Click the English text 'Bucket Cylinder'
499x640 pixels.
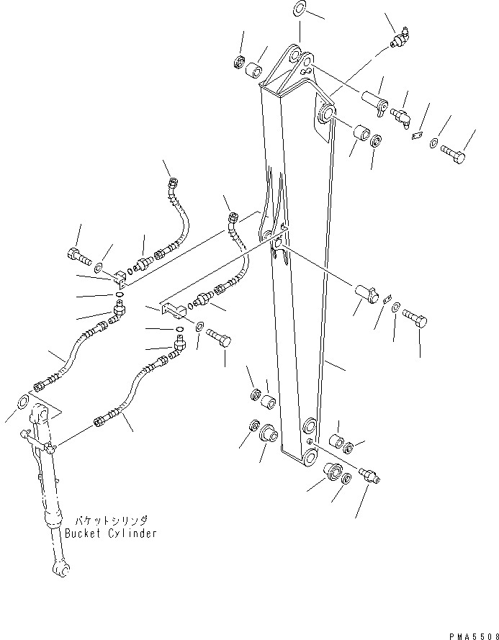[110, 533]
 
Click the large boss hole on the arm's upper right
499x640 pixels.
[324, 113]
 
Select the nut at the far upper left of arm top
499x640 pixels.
[239, 62]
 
